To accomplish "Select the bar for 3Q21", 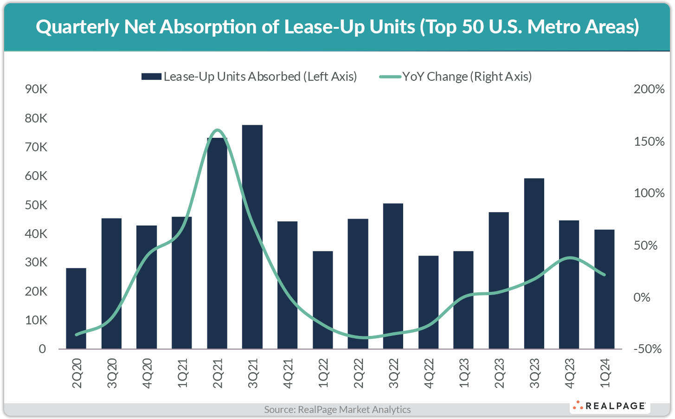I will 252,237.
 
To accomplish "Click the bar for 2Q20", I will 76,308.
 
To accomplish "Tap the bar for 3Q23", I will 534,263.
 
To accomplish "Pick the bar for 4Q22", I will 428,302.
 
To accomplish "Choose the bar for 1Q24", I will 604,289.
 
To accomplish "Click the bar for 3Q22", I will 393,276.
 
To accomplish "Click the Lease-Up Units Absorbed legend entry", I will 250,77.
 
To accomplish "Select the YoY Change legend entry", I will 456,77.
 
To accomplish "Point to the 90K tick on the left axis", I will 36,89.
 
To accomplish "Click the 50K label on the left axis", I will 36,205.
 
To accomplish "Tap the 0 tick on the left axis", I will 42,349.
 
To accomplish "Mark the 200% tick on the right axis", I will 649,89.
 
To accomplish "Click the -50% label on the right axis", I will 647,349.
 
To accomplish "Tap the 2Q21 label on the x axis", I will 218,373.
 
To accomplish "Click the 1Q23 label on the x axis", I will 463,373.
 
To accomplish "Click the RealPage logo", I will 610,406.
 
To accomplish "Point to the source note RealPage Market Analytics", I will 337,409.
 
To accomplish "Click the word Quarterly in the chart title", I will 77,27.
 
